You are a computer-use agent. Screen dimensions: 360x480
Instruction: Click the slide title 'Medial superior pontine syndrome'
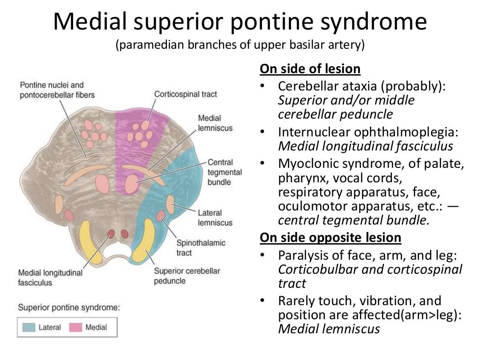[x=240, y=22]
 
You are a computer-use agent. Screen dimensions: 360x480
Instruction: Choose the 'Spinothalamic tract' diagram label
[x=201, y=248]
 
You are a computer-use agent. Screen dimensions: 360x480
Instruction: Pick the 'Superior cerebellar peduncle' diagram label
[x=187, y=276]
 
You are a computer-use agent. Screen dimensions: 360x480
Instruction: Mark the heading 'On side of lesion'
[x=310, y=69]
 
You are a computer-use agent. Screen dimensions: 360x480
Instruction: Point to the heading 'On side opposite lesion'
[x=330, y=238]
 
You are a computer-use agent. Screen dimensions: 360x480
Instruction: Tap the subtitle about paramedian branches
[x=240, y=45]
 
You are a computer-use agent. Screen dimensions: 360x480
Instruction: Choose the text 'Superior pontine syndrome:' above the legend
[x=69, y=307]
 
